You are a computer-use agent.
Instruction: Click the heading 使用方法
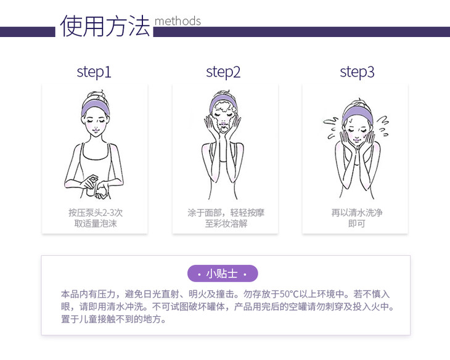click(x=105, y=26)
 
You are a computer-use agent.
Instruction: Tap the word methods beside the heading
click(x=178, y=21)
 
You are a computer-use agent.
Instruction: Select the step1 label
click(x=94, y=72)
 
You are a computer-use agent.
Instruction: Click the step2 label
click(x=223, y=72)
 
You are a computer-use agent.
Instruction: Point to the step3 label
click(x=357, y=72)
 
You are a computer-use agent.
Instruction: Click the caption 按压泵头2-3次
click(x=96, y=213)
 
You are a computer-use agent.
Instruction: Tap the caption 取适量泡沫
click(x=96, y=223)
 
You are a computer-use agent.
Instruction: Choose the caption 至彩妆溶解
click(x=226, y=223)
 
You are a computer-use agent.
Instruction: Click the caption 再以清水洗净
click(x=357, y=213)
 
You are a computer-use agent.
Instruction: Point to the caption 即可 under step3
click(x=357, y=223)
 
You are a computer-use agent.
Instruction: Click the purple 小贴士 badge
click(x=223, y=274)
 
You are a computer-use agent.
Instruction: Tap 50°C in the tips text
click(x=289, y=294)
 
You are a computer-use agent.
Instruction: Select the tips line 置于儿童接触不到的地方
click(x=113, y=319)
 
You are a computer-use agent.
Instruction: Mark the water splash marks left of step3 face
click(x=331, y=128)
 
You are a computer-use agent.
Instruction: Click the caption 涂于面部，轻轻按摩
click(x=226, y=213)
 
